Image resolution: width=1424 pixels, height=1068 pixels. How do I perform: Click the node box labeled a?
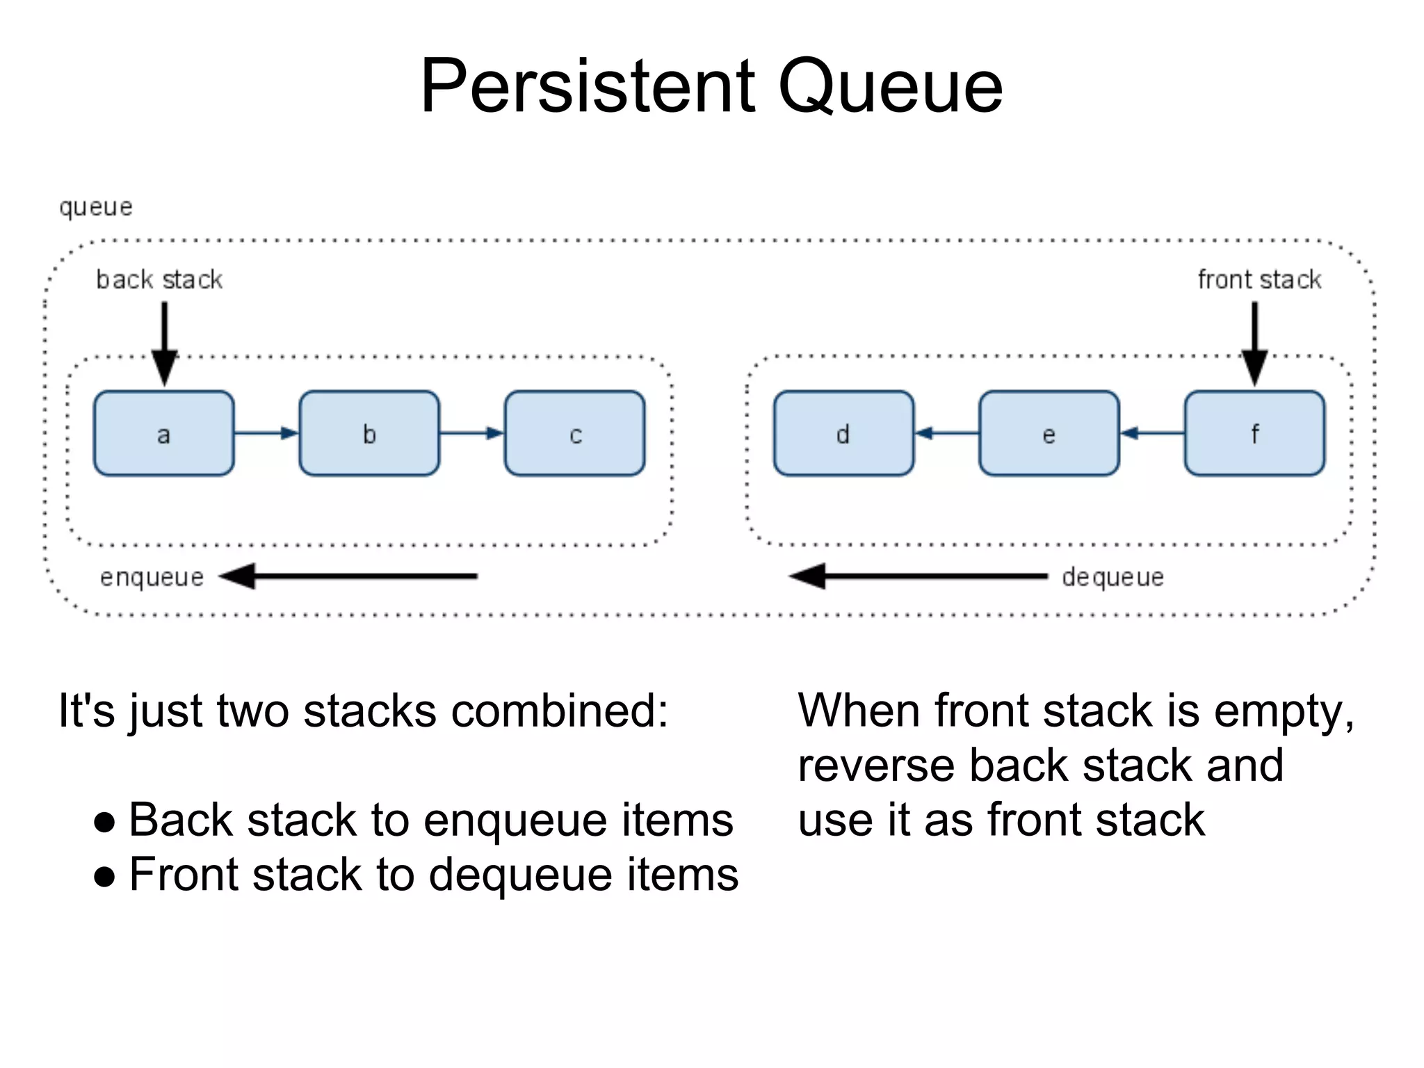[x=164, y=433]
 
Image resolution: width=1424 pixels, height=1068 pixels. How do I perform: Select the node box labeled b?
[x=369, y=433]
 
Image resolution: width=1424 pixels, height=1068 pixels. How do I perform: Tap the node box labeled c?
[x=574, y=433]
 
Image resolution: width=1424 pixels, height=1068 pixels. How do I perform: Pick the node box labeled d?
[x=843, y=433]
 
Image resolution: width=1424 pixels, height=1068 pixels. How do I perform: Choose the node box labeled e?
[x=1049, y=433]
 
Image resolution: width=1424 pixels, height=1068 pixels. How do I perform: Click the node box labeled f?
[x=1254, y=433]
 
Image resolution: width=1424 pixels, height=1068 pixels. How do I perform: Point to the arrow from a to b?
[x=266, y=433]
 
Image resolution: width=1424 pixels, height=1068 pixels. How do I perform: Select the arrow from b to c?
[x=471, y=433]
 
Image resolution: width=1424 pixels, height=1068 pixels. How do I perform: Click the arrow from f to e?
[x=1152, y=433]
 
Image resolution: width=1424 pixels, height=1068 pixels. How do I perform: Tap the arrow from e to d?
[x=946, y=433]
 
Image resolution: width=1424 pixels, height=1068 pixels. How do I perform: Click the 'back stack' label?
[x=159, y=280]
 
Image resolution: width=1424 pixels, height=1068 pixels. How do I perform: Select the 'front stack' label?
[x=1259, y=280]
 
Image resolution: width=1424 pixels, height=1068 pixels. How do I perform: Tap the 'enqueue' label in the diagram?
[x=152, y=577]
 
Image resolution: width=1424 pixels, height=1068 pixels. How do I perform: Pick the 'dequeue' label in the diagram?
[x=1112, y=577]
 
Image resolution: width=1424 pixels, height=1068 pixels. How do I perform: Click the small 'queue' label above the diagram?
[x=95, y=207]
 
